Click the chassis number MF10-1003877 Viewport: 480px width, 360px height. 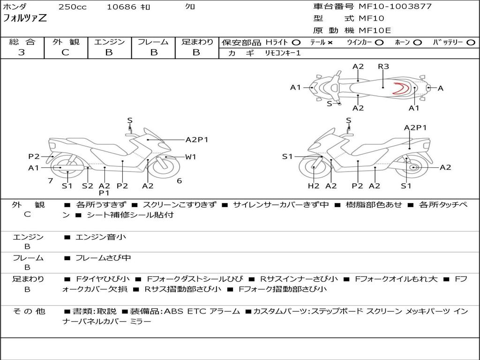click(x=395, y=6)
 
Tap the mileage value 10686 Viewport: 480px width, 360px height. click(x=121, y=7)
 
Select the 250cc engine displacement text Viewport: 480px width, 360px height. click(x=73, y=7)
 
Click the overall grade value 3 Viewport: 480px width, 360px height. click(x=22, y=52)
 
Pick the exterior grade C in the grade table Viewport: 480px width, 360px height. click(x=66, y=52)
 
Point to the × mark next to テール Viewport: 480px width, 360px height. click(x=330, y=43)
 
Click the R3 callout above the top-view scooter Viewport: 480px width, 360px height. click(x=383, y=67)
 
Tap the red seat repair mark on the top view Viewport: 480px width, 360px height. click(x=401, y=88)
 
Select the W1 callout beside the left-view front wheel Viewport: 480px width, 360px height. click(x=190, y=157)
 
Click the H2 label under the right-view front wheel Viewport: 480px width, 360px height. click(x=314, y=186)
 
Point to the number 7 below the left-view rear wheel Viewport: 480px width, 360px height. click(x=51, y=180)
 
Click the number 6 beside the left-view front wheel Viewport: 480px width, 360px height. click(x=180, y=180)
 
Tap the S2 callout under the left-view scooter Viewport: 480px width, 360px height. click(x=88, y=186)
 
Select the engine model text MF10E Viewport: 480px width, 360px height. click(x=375, y=30)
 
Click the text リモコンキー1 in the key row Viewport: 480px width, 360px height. click(x=283, y=53)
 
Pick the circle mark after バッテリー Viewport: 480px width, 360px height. click(x=471, y=43)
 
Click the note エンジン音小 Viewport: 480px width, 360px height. click(x=101, y=237)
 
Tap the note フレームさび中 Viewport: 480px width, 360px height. click(x=103, y=258)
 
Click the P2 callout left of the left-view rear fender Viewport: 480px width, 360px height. click(x=34, y=157)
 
